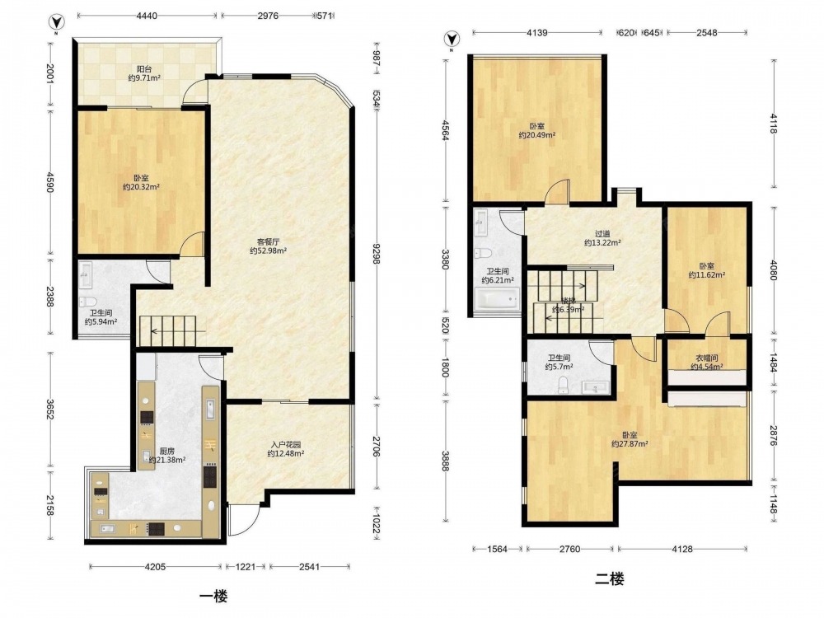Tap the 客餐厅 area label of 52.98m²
268,246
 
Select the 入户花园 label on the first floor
285,449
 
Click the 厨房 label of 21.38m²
166,456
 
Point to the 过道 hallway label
603,238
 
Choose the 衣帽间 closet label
704,363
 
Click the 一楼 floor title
213,597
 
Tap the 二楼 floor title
610,579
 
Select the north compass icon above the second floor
452,40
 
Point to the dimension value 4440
147,16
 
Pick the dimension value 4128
681,549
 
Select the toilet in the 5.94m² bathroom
87,302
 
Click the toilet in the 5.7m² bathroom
563,385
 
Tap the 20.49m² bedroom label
536,130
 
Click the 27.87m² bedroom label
630,439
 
